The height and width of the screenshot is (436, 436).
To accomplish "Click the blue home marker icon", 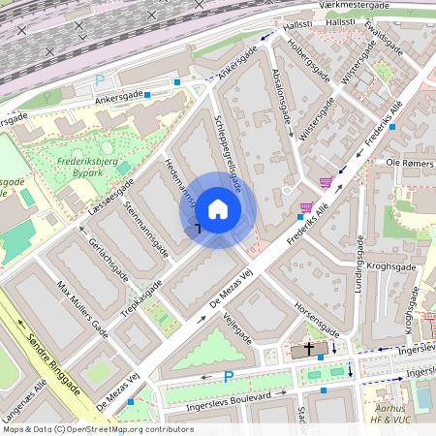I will (218, 209).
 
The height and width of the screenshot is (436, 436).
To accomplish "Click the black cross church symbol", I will (310, 348).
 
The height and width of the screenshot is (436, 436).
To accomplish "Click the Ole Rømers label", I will (406, 164).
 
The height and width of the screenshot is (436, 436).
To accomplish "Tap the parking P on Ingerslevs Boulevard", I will (229, 377).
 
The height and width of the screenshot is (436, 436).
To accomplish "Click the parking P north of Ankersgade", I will (99, 81).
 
